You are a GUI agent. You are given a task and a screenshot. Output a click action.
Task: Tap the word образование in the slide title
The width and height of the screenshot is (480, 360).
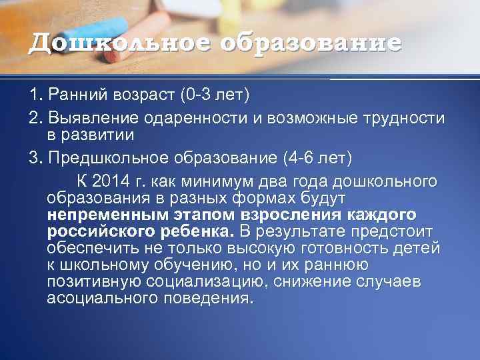click(x=311, y=43)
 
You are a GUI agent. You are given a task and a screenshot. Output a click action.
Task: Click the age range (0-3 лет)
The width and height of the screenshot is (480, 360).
click(x=214, y=95)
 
